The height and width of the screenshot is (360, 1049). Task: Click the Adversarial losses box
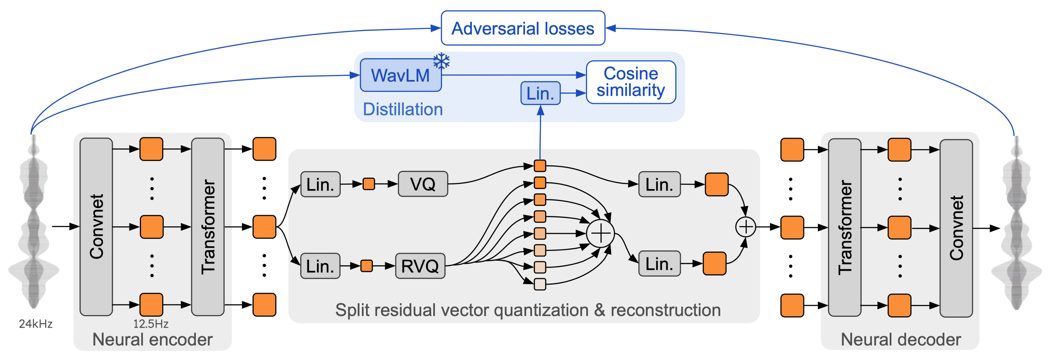coord(523,28)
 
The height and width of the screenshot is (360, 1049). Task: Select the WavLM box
coord(401,75)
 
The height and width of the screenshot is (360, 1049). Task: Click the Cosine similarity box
coord(631,82)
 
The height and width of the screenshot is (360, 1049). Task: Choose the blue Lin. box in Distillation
coord(540,93)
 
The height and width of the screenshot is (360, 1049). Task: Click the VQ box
coord(423,184)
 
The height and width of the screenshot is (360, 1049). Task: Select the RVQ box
coord(420,266)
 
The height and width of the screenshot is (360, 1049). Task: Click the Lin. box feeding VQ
coord(320,185)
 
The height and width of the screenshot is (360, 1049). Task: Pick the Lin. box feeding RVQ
coord(320,266)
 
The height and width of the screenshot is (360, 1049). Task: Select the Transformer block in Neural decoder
coord(845,227)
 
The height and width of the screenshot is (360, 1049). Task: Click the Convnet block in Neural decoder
coord(956,228)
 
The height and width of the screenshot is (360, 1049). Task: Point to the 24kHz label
coord(36,324)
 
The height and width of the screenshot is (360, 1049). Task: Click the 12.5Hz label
coord(151,324)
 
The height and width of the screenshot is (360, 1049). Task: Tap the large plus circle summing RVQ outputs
coord(600,233)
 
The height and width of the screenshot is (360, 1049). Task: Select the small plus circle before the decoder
coord(746,227)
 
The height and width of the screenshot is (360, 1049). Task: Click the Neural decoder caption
coord(901,339)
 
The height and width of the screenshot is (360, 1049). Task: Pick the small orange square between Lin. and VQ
coord(368,184)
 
